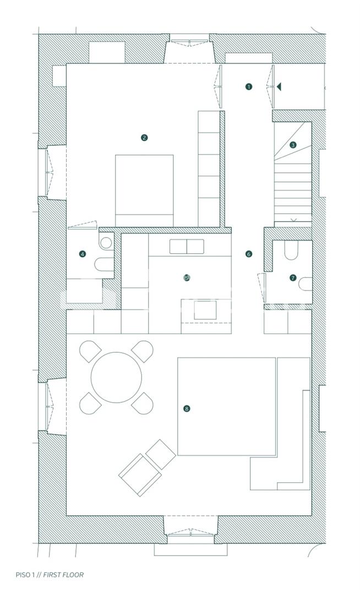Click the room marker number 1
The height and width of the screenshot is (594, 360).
(249, 87)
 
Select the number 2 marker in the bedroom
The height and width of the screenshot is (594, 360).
(144, 138)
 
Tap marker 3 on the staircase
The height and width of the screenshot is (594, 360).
(292, 145)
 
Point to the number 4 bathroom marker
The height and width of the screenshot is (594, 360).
(82, 254)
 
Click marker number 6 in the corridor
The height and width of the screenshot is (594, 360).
(249, 254)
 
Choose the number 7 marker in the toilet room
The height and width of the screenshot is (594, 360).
(292, 278)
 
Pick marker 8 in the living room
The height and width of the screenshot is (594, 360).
(186, 409)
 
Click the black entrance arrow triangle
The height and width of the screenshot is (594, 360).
(279, 87)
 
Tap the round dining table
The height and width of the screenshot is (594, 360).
(116, 377)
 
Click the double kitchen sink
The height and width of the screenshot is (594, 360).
(187, 246)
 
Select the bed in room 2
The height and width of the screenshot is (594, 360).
(144, 190)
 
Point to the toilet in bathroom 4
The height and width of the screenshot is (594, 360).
(104, 265)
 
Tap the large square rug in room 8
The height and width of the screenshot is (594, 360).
(227, 406)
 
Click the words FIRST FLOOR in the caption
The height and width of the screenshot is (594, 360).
(63, 575)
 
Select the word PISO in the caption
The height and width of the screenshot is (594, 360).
(23, 575)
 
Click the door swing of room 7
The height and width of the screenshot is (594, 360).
(261, 288)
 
